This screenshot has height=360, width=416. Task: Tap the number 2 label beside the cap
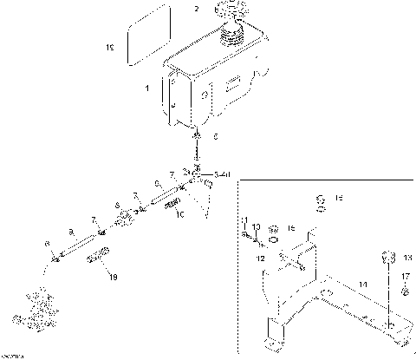coord(196,10)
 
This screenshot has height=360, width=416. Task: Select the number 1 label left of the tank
coord(146,89)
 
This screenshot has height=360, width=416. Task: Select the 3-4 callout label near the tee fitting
coord(221,174)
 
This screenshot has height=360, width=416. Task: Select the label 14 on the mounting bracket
coord(363,284)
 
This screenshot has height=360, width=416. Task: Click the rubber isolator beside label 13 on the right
coord(389,258)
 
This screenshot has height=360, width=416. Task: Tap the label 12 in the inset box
coord(260,258)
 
